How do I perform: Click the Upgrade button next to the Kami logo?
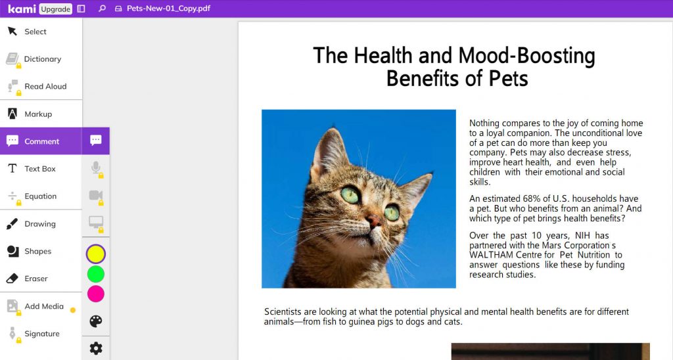pyautogui.click(x=55, y=9)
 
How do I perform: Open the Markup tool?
pyautogui.click(x=37, y=114)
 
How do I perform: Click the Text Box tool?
pyautogui.click(x=39, y=169)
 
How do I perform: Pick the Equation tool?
pyautogui.click(x=40, y=196)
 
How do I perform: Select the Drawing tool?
pyautogui.click(x=39, y=224)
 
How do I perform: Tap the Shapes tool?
pyautogui.click(x=37, y=252)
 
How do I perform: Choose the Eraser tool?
pyautogui.click(x=35, y=279)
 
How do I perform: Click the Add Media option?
pyautogui.click(x=43, y=307)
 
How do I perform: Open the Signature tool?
pyautogui.click(x=41, y=334)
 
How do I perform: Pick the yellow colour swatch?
pyautogui.click(x=96, y=254)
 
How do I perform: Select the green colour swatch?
pyautogui.click(x=96, y=274)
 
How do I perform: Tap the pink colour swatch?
pyautogui.click(x=96, y=294)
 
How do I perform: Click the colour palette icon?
pyautogui.click(x=96, y=321)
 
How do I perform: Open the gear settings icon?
pyautogui.click(x=96, y=348)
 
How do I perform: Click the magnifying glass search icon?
pyautogui.click(x=102, y=9)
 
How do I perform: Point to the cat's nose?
pyautogui.click(x=373, y=221)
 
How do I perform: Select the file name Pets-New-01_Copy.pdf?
pyautogui.click(x=168, y=9)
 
